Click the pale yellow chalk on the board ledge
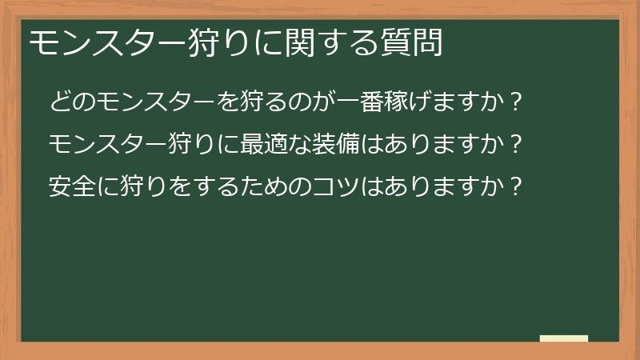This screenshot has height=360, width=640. coord(564,338)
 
